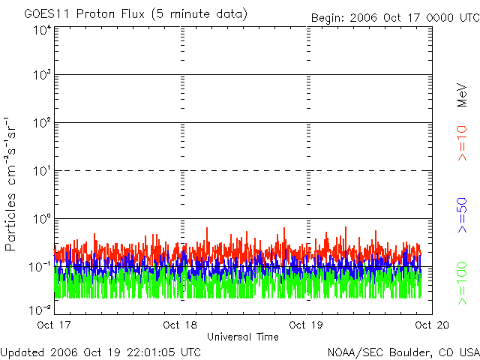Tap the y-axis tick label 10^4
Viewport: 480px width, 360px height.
(x=42, y=30)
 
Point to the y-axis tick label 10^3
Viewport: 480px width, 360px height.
(x=42, y=76)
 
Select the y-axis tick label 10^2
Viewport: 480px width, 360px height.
(x=42, y=123)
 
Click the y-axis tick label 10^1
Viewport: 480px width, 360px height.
(x=42, y=171)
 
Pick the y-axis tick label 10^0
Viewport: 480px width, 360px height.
(x=42, y=219)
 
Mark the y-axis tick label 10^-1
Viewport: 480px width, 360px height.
(x=40, y=267)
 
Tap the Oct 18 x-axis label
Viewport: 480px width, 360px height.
(x=180, y=325)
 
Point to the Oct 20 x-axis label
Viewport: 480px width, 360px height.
(x=430, y=325)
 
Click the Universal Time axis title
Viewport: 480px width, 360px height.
(x=242, y=337)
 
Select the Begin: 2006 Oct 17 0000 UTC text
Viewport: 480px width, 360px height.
(x=395, y=16)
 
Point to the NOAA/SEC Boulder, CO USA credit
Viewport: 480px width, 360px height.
(x=403, y=352)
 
